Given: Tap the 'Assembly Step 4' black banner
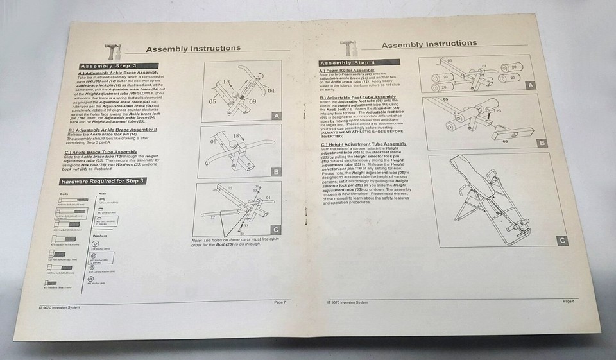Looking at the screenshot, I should pos(359,62).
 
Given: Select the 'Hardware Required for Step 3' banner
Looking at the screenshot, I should pos(99,182).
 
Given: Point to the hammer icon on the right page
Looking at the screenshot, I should pos(347,49).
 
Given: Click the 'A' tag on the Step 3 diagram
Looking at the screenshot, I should pos(275,116).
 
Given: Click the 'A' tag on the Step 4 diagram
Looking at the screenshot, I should pos(529,85).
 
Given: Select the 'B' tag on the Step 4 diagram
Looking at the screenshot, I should pos(542,142).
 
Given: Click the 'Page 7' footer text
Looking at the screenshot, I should pos(279,302).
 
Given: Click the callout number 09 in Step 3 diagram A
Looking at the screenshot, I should pos(253,101).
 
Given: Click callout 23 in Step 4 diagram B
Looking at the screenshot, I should pos(498,110).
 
